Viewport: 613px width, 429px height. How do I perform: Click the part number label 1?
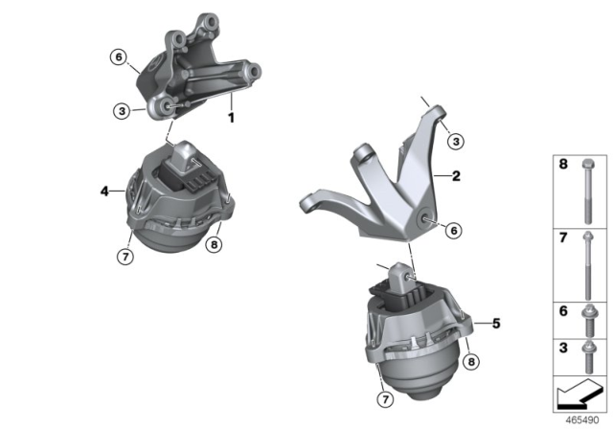click(230, 118)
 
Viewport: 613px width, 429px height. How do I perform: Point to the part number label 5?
click(494, 323)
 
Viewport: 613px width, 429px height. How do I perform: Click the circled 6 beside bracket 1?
click(118, 57)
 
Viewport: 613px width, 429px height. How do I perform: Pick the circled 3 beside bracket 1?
click(122, 111)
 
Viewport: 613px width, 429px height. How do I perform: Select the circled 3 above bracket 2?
click(456, 142)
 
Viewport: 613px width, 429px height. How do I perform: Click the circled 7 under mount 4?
click(124, 256)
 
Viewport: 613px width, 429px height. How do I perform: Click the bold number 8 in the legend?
click(565, 168)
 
